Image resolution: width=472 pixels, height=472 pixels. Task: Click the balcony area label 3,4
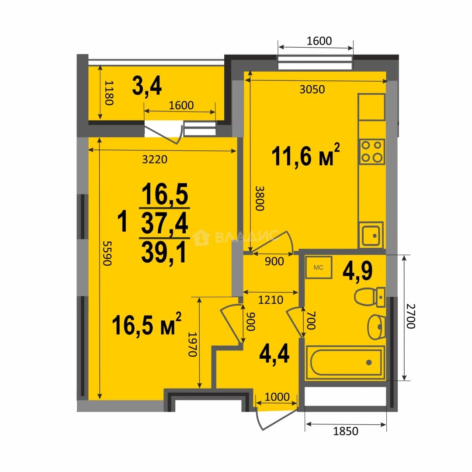coord(147,87)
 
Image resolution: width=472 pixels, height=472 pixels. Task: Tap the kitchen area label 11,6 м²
coord(305,155)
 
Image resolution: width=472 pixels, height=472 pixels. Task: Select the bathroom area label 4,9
coord(357,271)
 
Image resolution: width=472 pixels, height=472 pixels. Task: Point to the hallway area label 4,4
coord(274,354)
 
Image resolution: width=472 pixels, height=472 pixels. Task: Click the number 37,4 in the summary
coord(165,223)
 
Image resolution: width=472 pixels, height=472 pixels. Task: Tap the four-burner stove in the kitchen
coord(372,152)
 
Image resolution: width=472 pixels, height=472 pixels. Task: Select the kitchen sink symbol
coord(371,235)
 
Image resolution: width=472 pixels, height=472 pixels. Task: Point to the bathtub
coord(345,362)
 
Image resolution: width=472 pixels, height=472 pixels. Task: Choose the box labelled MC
coord(319,267)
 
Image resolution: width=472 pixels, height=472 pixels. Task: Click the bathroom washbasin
coord(376,327)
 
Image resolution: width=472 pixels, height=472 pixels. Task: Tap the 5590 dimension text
coord(107,253)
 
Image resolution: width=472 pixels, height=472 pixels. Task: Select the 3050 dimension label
coord(312,90)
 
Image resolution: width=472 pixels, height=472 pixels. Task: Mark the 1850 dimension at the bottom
coord(346,431)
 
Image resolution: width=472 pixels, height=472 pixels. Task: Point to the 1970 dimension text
coord(193,344)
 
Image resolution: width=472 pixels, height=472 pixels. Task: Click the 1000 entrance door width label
coord(277,397)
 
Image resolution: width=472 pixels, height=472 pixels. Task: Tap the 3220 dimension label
coord(155,159)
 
